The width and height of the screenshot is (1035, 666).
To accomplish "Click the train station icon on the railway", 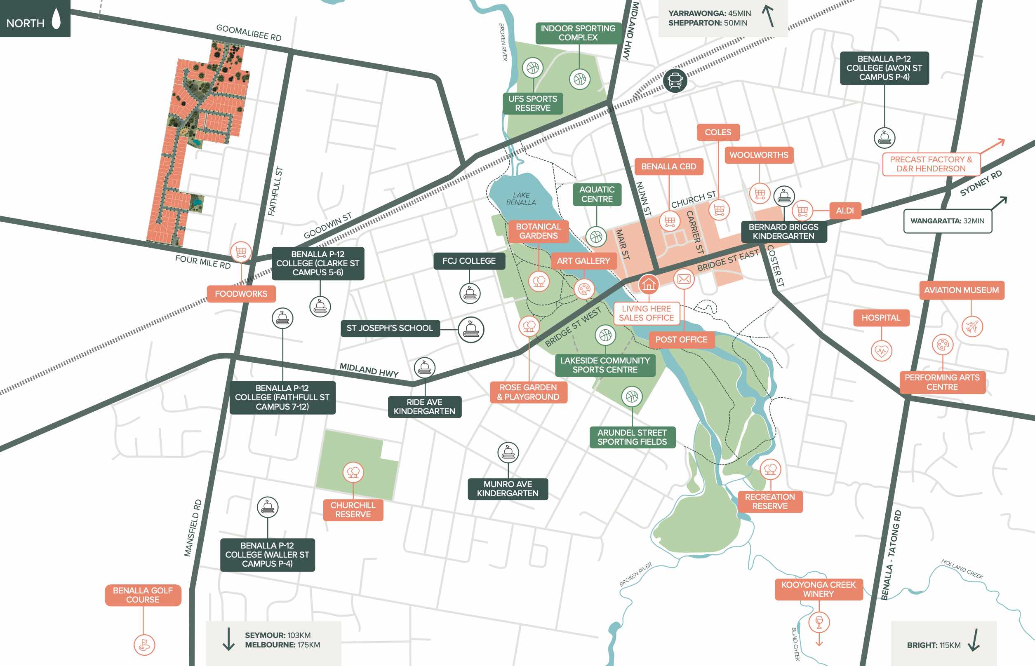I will point(675,80).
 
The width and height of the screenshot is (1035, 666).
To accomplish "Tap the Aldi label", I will point(844,211).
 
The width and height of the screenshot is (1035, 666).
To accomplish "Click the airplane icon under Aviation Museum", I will point(972,326).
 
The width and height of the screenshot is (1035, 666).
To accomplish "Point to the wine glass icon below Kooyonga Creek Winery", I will point(819,622).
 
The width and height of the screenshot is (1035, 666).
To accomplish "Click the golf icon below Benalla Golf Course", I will point(144,645).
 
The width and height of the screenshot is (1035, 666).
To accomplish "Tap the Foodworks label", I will point(241,294).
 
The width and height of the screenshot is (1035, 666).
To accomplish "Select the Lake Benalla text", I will point(521,199).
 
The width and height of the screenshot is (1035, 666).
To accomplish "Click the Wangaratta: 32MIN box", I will point(947,221).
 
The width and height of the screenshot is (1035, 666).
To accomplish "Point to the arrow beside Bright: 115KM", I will point(974,640).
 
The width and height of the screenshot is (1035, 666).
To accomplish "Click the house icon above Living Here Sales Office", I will point(648,284).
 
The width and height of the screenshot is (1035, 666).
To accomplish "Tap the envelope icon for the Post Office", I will point(684,279).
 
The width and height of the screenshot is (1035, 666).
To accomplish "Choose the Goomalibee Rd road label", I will point(249,33).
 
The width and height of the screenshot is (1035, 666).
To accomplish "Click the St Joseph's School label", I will point(389,328).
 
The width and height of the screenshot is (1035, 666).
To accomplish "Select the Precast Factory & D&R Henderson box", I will point(931,164).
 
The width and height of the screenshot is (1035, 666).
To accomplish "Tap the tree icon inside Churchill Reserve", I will point(353,472).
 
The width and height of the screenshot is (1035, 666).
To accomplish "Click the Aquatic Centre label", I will point(597,194).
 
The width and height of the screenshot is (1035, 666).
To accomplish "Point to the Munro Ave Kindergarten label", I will point(508,489).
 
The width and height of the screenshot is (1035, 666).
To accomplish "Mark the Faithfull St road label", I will point(275,191).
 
